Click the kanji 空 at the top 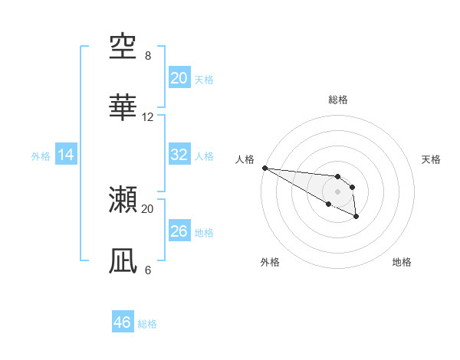coord(123,48)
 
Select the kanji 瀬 coord(123,199)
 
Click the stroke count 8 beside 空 coord(148,56)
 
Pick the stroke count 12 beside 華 coord(148,117)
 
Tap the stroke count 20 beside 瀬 coord(148,208)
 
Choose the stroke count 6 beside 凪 coord(148,270)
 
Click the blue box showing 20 coord(179,78)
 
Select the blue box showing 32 coord(179,155)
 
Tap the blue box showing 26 coord(179,231)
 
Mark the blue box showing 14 coord(66,155)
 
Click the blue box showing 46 coord(122,322)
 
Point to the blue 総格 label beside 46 coord(147,324)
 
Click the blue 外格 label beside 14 coord(41,156)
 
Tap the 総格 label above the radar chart coord(337,100)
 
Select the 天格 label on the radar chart coord(431,159)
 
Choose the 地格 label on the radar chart coord(402,262)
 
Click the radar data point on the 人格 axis coord(264,168)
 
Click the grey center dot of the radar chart coord(337,191)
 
